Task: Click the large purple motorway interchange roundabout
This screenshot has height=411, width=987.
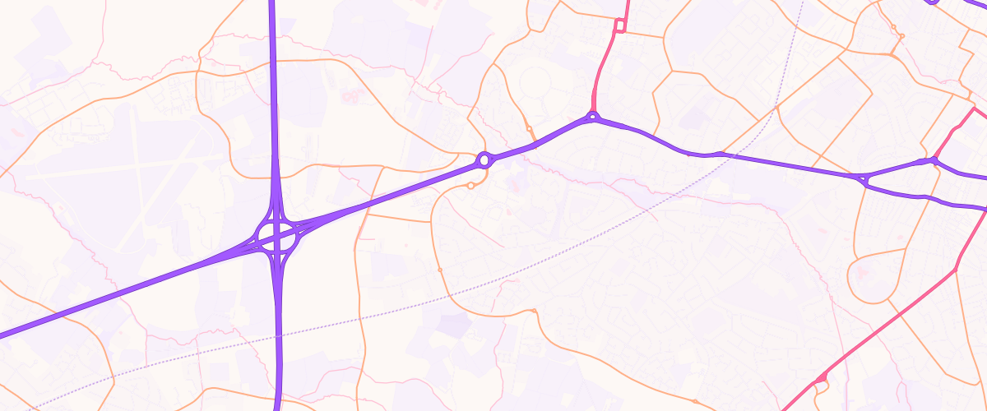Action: pyautogui.click(x=276, y=236)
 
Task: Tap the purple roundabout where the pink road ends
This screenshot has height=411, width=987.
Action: pyautogui.click(x=592, y=117)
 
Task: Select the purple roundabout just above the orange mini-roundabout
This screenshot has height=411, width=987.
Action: pyautogui.click(x=484, y=159)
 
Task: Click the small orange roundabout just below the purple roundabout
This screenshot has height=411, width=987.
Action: pyautogui.click(x=470, y=186)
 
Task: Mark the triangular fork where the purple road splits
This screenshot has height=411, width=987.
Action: pyautogui.click(x=864, y=178)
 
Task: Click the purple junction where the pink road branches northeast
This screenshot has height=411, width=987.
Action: pyautogui.click(x=935, y=160)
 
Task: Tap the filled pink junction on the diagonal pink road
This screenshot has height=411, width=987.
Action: pyautogui.click(x=820, y=379)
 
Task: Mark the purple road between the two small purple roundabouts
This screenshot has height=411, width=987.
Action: pyautogui.click(x=539, y=142)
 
